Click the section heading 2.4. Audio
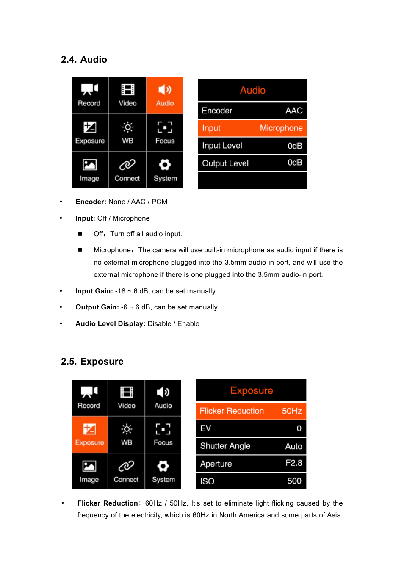pyautogui.click(x=84, y=60)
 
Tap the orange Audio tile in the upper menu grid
pyautogui.click(x=165, y=95)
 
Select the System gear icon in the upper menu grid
pyautogui.click(x=165, y=165)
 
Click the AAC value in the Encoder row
pyautogui.click(x=293, y=111)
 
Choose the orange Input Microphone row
pyautogui.click(x=252, y=128)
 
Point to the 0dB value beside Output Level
pyautogui.click(x=295, y=163)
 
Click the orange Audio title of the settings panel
pyautogui.click(x=252, y=90)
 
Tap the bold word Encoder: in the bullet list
pyautogui.click(x=91, y=202)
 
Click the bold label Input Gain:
pyautogui.click(x=94, y=291)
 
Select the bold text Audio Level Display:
pyautogui.click(x=110, y=324)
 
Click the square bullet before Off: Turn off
pyautogui.click(x=80, y=234)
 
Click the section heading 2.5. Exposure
pyautogui.click(x=92, y=362)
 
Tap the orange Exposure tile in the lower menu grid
pyautogui.click(x=90, y=434)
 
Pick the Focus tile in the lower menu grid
pyautogui.click(x=163, y=434)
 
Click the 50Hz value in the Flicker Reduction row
pyautogui.click(x=292, y=411)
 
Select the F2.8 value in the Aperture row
pyautogui.click(x=293, y=463)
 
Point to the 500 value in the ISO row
pyautogui.click(x=294, y=481)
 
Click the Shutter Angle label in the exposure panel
pyautogui.click(x=225, y=446)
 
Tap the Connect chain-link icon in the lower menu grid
pyautogui.click(x=126, y=466)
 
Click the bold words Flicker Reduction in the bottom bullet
pyautogui.click(x=108, y=503)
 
